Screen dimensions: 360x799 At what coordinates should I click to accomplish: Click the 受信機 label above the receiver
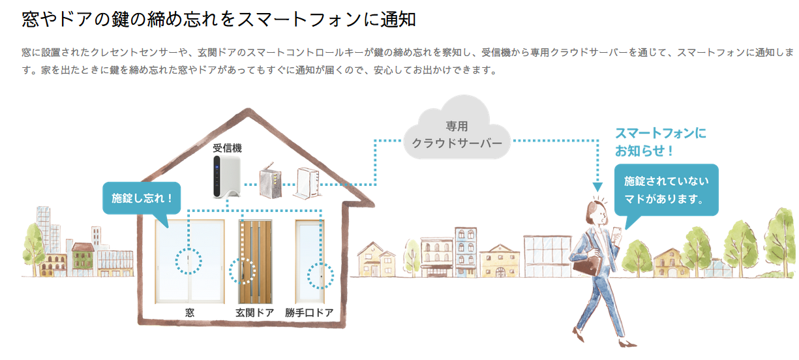(x=227, y=148)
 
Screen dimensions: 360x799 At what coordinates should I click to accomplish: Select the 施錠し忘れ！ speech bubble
(x=142, y=198)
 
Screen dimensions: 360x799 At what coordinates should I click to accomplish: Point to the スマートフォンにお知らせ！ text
(x=660, y=142)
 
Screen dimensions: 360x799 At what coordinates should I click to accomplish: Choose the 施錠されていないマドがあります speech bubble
(x=666, y=190)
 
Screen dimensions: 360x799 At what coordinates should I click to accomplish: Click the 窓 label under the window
(x=190, y=312)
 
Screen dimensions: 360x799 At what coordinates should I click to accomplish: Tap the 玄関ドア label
(x=254, y=312)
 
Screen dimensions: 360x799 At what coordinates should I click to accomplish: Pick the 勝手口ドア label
(x=309, y=312)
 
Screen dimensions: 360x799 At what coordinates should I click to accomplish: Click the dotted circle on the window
(x=188, y=261)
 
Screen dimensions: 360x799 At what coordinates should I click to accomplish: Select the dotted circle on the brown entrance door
(x=243, y=271)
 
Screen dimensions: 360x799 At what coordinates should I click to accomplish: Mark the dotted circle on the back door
(x=320, y=275)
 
